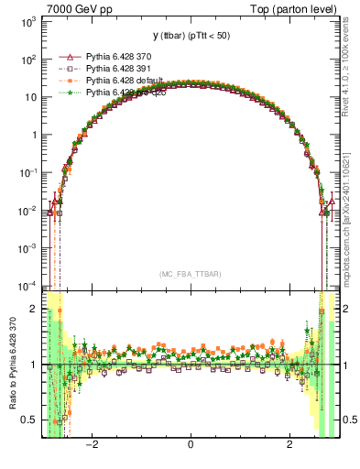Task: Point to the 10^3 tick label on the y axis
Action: (27, 21)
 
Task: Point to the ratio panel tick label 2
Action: (33, 309)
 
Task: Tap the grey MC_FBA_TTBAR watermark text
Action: (190, 273)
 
